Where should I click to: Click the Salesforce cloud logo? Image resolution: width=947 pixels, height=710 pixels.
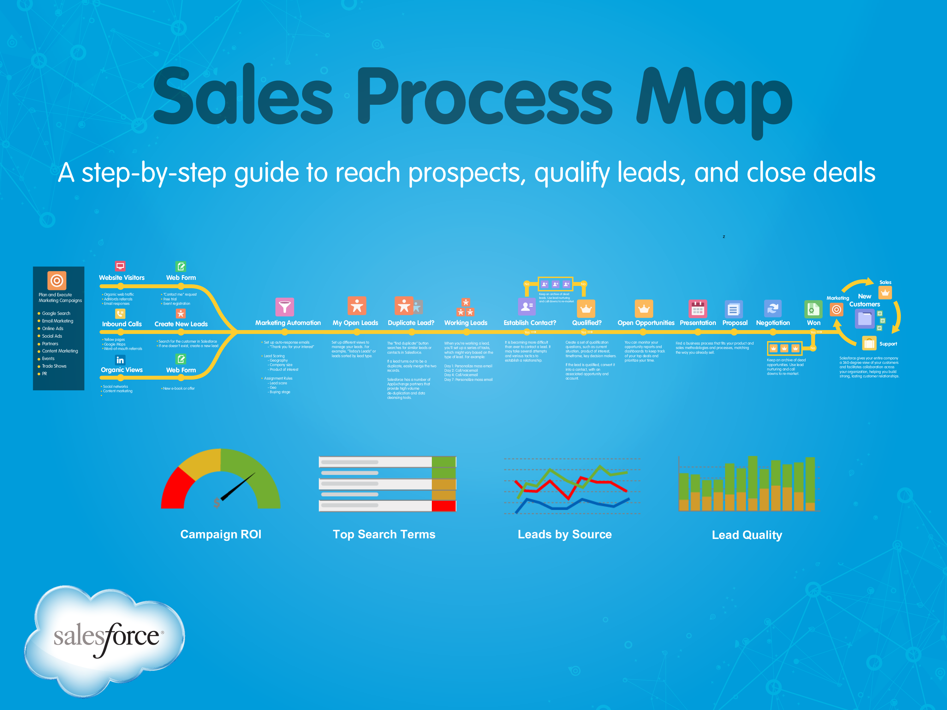coord(105,638)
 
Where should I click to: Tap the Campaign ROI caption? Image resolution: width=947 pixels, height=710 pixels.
coord(220,534)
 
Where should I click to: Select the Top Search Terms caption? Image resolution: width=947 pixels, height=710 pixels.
coord(384,534)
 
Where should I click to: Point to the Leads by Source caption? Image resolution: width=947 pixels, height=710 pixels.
coord(565,534)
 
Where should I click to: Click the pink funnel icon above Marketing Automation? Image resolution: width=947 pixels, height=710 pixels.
coord(285,307)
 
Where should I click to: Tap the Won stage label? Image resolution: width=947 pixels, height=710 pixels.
coord(813,323)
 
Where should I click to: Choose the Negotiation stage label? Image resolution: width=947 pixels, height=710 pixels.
coord(773,323)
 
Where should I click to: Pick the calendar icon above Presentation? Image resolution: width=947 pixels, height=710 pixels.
coord(697,308)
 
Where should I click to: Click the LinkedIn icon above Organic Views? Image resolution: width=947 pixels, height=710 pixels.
coord(120,360)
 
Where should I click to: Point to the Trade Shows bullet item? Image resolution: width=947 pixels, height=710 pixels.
coord(54,366)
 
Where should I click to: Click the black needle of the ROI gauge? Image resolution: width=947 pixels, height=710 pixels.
coord(238,487)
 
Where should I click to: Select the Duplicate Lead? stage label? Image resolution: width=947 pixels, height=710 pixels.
coord(411,323)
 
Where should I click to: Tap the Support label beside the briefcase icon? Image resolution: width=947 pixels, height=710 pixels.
coord(888,344)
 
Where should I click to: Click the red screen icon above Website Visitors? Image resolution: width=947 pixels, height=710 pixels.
coord(120,266)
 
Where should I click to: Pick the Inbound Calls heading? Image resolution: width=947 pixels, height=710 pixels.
coord(122,324)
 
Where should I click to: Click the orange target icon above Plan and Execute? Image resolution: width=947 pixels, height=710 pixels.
coord(57,281)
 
